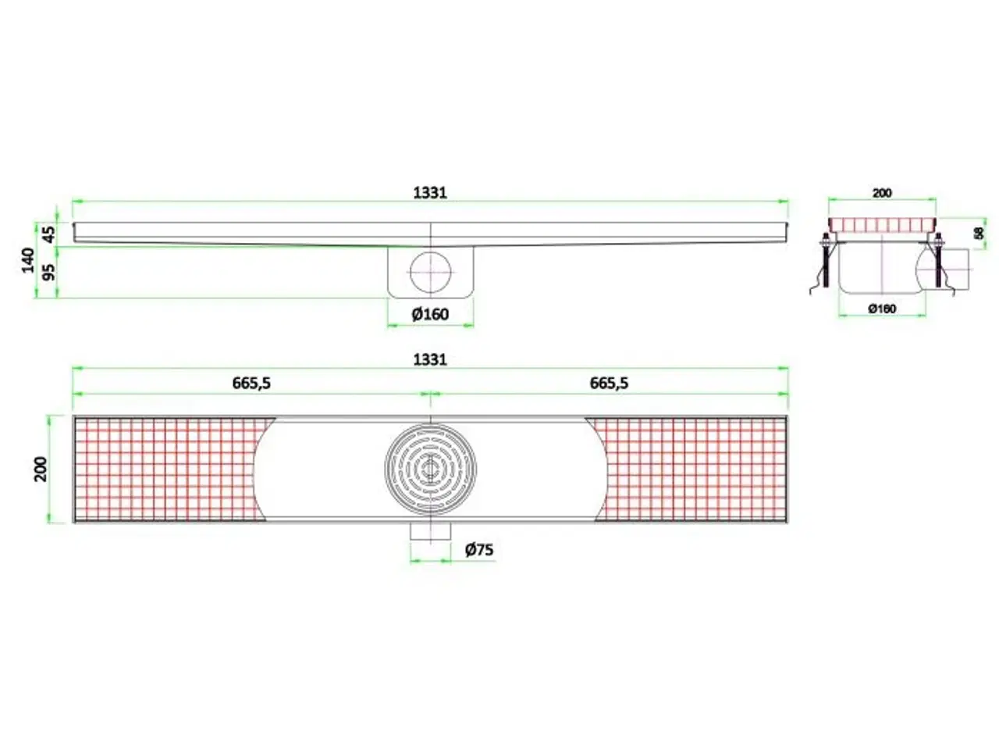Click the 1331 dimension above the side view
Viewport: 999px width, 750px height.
429,192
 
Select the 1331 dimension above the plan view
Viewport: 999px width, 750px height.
429,359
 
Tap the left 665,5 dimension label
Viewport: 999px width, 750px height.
251,383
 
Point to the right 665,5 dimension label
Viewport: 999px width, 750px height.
609,383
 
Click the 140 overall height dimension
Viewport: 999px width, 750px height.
27,259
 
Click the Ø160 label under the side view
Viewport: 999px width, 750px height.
430,314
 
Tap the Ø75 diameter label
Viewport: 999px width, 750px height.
479,550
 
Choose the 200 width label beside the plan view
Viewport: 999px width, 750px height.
41,469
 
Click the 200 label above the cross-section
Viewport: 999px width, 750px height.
882,192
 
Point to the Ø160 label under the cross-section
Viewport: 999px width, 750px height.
882,309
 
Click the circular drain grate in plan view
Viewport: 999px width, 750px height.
430,469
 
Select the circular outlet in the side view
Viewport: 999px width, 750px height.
430,272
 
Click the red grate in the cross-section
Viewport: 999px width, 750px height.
882,225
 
